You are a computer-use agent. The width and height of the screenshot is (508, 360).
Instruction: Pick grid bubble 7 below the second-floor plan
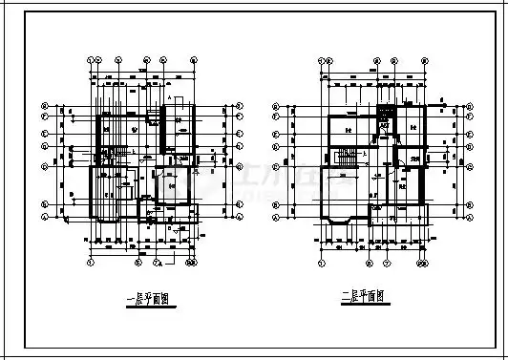(422, 259)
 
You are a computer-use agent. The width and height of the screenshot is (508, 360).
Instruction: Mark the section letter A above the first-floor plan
(168, 98)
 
